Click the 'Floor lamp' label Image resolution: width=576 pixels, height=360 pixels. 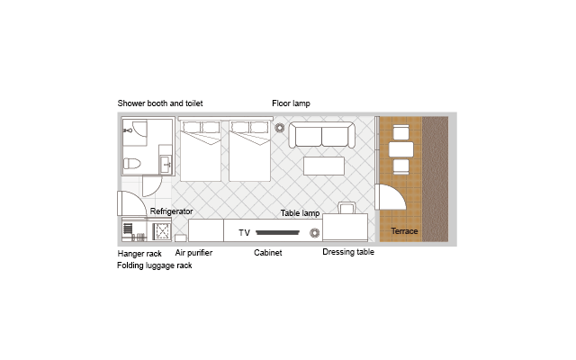point(291,103)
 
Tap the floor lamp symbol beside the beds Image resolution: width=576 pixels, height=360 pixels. point(280,128)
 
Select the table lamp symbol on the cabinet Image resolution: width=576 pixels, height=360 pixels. point(314,233)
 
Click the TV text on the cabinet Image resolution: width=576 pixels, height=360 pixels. point(244,233)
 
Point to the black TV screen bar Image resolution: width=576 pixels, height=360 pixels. point(278,232)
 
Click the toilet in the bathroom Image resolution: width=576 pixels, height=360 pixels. point(132,163)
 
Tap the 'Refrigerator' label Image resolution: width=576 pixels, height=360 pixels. point(171,211)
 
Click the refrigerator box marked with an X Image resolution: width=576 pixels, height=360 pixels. point(162,231)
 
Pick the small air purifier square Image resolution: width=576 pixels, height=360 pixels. point(180,238)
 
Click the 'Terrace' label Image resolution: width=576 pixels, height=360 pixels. point(404,231)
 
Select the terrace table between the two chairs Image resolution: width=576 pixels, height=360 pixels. point(401,149)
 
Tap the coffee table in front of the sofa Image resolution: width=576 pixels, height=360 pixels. point(324,166)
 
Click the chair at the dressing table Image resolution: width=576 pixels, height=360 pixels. point(346,208)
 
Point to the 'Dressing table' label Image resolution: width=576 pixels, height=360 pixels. point(348,252)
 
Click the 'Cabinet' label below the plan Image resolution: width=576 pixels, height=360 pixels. point(268,253)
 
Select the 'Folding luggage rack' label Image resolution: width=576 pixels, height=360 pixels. point(154,265)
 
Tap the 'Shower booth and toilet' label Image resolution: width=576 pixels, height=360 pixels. point(160,103)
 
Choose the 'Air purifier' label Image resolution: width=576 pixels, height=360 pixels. point(193,253)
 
